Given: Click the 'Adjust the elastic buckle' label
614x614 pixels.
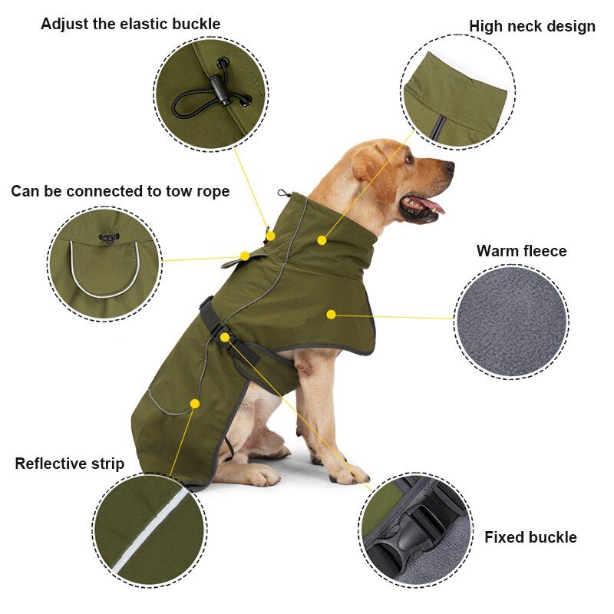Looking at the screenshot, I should (130, 24).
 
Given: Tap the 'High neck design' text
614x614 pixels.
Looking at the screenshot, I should (532, 26).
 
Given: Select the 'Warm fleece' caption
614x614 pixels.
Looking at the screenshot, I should (521, 251).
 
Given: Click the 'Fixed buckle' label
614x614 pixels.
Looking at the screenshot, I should (530, 537).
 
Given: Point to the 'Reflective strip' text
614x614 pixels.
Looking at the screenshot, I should (69, 464).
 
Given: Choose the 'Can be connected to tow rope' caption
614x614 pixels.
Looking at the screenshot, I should (120, 191).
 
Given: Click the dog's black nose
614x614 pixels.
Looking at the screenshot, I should (447, 167).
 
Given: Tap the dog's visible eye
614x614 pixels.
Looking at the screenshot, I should (409, 160).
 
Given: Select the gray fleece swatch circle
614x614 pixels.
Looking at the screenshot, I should (511, 322).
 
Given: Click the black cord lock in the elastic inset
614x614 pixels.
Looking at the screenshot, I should (223, 91).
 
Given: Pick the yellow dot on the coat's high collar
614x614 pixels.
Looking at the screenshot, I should (322, 240).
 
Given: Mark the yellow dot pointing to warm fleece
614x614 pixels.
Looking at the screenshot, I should (331, 314).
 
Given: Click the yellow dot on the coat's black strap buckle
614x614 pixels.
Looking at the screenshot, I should (225, 337).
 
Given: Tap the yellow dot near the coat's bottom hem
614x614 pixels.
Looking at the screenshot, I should (195, 404).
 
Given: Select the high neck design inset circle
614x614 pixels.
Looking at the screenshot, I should (457, 91).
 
